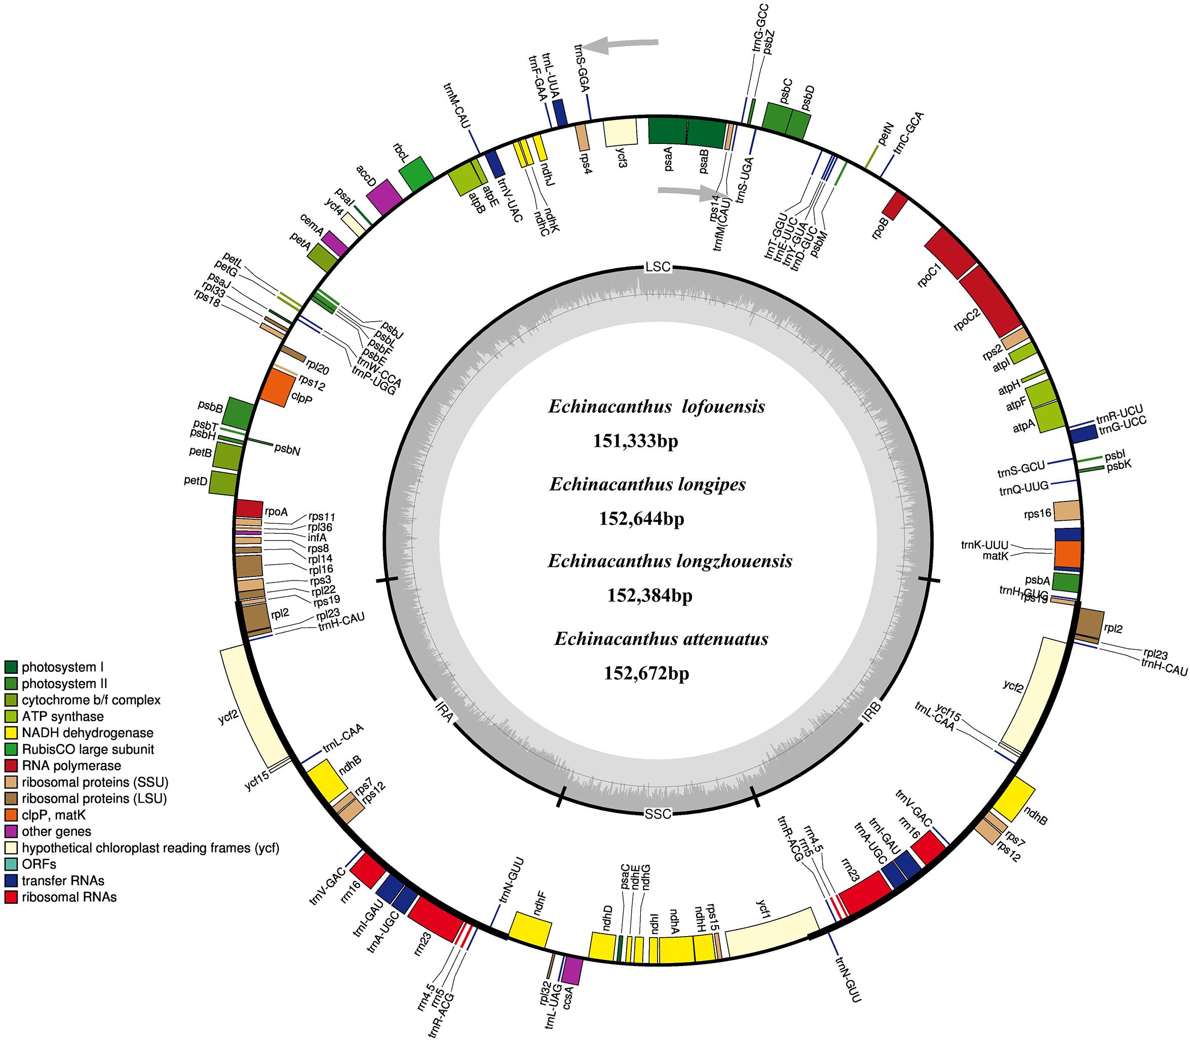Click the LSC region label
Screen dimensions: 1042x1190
pyautogui.click(x=658, y=267)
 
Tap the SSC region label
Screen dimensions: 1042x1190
pyautogui.click(x=658, y=813)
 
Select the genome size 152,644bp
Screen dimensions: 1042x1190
pyautogui.click(x=641, y=519)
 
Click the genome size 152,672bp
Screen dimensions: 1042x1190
pyautogui.click(x=646, y=673)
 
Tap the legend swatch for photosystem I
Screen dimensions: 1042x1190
pyautogui.click(x=12, y=667)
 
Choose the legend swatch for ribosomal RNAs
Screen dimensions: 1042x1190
pyautogui.click(x=12, y=897)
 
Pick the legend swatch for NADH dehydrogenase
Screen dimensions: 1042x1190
pyautogui.click(x=12, y=732)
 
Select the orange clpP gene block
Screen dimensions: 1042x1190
pyautogui.click(x=274, y=389)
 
